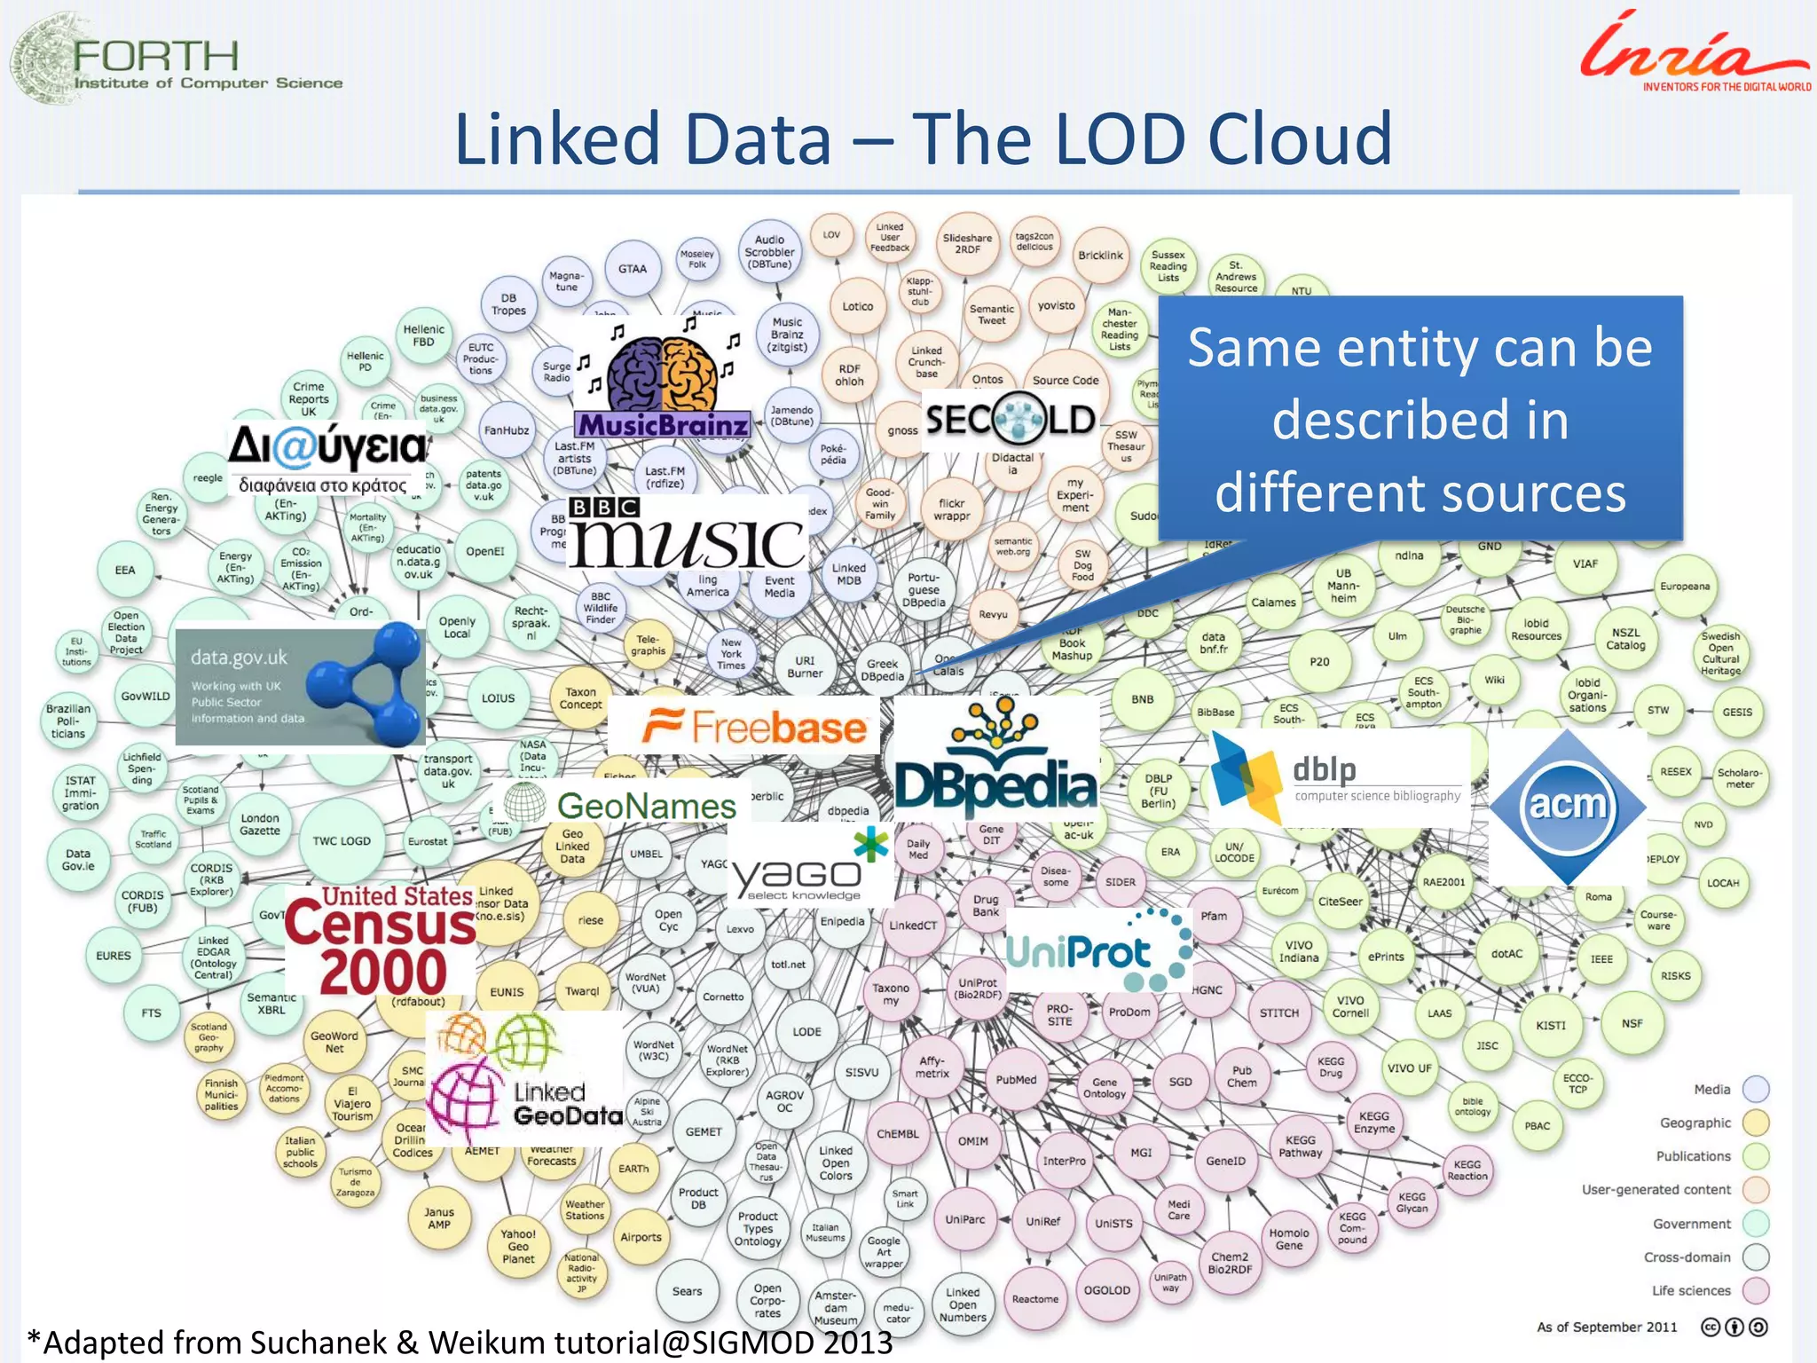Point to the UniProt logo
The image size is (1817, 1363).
[1098, 951]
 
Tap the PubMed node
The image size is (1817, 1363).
[1016, 1080]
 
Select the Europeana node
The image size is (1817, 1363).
[1685, 587]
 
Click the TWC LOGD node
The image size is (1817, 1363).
[342, 840]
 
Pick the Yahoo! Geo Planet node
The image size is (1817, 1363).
[518, 1246]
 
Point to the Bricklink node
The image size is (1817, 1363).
[1100, 256]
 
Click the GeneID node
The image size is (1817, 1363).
[1225, 1161]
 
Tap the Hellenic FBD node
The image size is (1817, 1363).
[424, 335]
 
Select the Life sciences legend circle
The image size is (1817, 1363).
[1756, 1290]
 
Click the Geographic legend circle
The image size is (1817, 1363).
[1756, 1123]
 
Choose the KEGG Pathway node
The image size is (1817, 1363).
[1300, 1146]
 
